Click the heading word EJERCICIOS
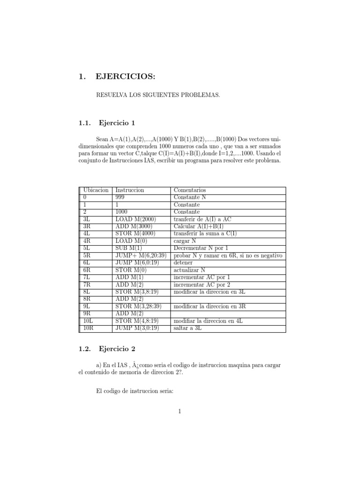pos(124,77)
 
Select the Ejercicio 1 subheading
pos(117,123)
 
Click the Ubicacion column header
pos(96,190)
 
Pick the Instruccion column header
pos(130,190)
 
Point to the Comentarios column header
pos(190,190)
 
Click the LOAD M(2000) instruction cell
pos(135,219)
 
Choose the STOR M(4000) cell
pos(135,234)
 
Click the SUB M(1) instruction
pos(128,248)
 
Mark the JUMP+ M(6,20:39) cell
pos(141,255)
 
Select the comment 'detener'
pos(183,263)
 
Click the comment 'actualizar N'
pos(190,270)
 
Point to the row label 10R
pos(89,328)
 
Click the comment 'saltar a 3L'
pos(189,328)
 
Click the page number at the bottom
pos(180,412)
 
